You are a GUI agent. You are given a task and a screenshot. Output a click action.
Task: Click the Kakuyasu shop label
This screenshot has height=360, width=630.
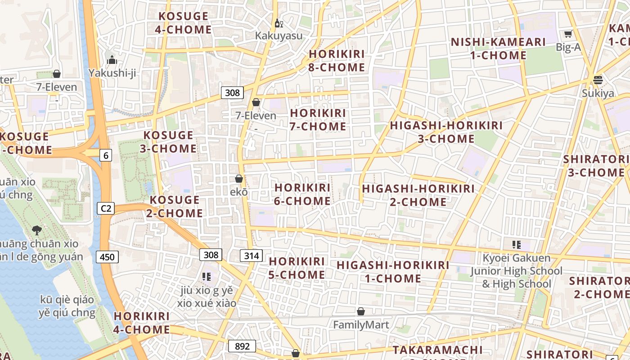[279, 36]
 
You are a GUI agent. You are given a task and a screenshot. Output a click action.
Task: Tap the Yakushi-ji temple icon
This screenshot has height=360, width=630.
[112, 60]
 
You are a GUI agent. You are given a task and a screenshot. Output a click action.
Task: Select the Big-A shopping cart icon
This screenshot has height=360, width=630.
[568, 34]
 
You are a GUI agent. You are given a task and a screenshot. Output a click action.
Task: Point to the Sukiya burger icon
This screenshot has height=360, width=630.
[598, 80]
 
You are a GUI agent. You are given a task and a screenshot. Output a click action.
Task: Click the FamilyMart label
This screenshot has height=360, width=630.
[361, 324]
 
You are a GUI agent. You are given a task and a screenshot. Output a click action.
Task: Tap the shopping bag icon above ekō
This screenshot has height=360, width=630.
[239, 179]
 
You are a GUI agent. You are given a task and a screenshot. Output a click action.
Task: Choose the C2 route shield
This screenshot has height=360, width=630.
[106, 208]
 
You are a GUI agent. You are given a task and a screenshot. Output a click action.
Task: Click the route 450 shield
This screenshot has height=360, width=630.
[107, 257]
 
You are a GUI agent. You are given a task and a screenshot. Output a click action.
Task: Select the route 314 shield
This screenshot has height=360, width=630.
[251, 256]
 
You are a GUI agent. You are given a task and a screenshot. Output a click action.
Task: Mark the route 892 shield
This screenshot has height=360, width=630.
[242, 346]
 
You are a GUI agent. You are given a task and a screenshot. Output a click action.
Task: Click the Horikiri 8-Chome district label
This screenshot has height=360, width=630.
[337, 61]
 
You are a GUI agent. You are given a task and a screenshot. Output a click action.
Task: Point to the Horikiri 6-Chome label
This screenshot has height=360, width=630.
[302, 194]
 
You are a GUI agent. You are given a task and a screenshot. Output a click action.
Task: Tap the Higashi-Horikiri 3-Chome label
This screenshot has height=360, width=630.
[446, 132]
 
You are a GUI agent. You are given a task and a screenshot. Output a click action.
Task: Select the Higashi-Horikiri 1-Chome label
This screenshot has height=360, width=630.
[393, 272]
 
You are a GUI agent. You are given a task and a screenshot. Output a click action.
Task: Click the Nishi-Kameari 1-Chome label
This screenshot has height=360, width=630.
[498, 49]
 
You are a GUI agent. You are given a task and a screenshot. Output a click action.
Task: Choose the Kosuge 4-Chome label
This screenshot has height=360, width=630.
[183, 23]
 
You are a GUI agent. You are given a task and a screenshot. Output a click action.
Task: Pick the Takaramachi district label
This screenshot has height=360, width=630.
[437, 350]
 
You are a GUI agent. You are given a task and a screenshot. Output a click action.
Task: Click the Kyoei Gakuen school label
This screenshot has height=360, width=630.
[517, 271]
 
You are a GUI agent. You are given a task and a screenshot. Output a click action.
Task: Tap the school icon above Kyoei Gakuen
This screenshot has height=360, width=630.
[516, 245]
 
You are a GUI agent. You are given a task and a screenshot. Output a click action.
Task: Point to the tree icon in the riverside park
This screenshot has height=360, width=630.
[37, 230]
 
